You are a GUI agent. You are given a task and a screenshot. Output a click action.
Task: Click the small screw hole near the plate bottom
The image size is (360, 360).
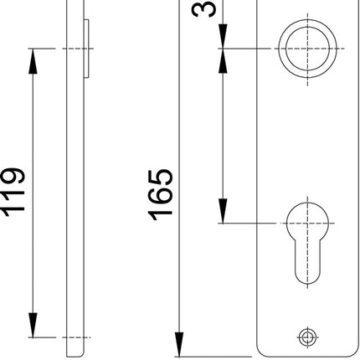click(x=307, y=337)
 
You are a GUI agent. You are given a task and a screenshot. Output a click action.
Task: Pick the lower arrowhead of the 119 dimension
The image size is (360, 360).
click(x=33, y=328)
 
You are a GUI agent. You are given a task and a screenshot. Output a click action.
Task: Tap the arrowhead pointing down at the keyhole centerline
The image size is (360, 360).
click(x=224, y=214)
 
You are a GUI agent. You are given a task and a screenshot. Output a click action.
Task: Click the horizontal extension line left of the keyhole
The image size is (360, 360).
click(x=251, y=224)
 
